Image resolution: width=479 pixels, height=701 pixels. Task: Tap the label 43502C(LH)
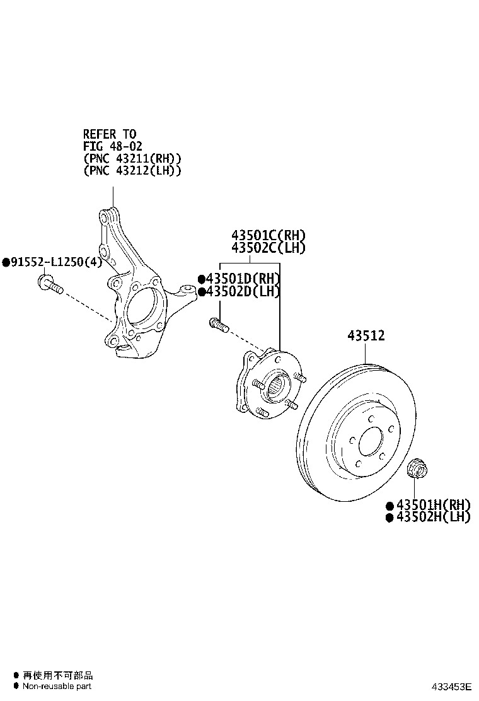pos(268,248)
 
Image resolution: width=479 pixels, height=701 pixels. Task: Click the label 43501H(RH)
pos(432,505)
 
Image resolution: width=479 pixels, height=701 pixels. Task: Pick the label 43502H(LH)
pos(432,517)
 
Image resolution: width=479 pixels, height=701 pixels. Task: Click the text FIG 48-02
pos(113,146)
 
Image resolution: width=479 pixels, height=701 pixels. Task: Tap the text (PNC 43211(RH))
pos(132,158)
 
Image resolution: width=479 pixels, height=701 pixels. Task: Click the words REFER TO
pos(109,134)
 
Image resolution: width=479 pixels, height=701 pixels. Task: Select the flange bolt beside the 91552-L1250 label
pos(50,285)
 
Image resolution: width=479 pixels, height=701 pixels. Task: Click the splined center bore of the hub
pos(277,385)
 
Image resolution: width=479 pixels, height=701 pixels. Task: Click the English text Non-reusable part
pos(57,686)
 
